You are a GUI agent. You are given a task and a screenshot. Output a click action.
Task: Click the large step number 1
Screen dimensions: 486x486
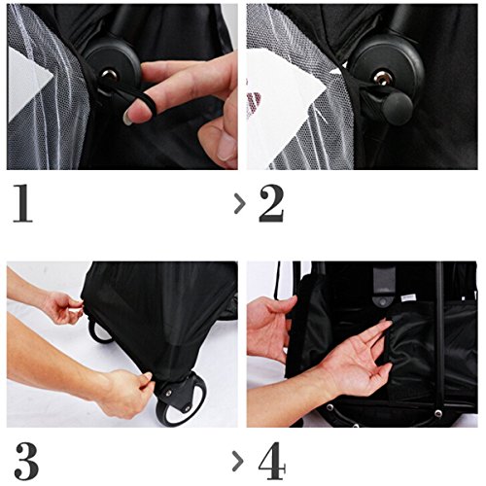[x=23, y=203]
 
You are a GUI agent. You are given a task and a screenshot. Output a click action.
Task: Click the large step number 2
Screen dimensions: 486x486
[x=271, y=203]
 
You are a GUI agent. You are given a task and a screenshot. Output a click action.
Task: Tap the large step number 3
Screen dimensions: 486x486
[x=26, y=461]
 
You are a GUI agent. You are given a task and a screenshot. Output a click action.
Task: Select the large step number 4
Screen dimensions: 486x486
[x=272, y=461]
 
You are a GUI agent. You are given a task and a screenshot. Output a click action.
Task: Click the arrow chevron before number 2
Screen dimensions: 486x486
[x=240, y=203]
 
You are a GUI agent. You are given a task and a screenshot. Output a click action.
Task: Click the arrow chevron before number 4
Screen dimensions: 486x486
[x=238, y=462]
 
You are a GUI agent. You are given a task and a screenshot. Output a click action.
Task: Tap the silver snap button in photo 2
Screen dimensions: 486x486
[x=381, y=78]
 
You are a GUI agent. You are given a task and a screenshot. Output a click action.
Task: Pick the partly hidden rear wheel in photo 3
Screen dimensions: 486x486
[x=99, y=331]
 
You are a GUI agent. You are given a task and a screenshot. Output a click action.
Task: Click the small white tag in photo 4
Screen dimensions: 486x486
[x=408, y=297]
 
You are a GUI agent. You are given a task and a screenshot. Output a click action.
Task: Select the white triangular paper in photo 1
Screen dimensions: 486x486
[x=28, y=83]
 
